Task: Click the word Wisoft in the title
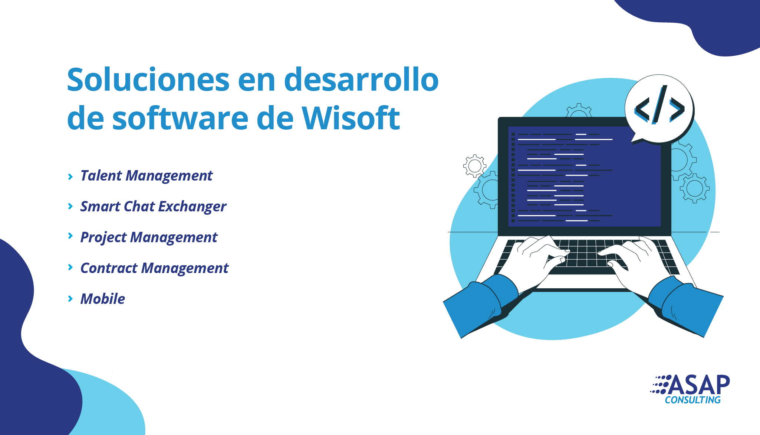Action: click(351, 118)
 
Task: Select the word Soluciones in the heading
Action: click(148, 79)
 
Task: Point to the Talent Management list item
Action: click(147, 176)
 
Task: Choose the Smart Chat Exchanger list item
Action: click(153, 207)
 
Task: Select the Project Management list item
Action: click(149, 237)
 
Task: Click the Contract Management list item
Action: click(154, 268)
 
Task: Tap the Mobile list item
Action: click(103, 299)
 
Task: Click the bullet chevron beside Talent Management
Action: click(70, 176)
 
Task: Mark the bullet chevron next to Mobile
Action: click(70, 299)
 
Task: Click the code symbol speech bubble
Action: click(659, 109)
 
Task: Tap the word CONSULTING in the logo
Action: click(692, 400)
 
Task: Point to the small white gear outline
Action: click(474, 166)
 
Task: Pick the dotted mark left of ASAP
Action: click(660, 384)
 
